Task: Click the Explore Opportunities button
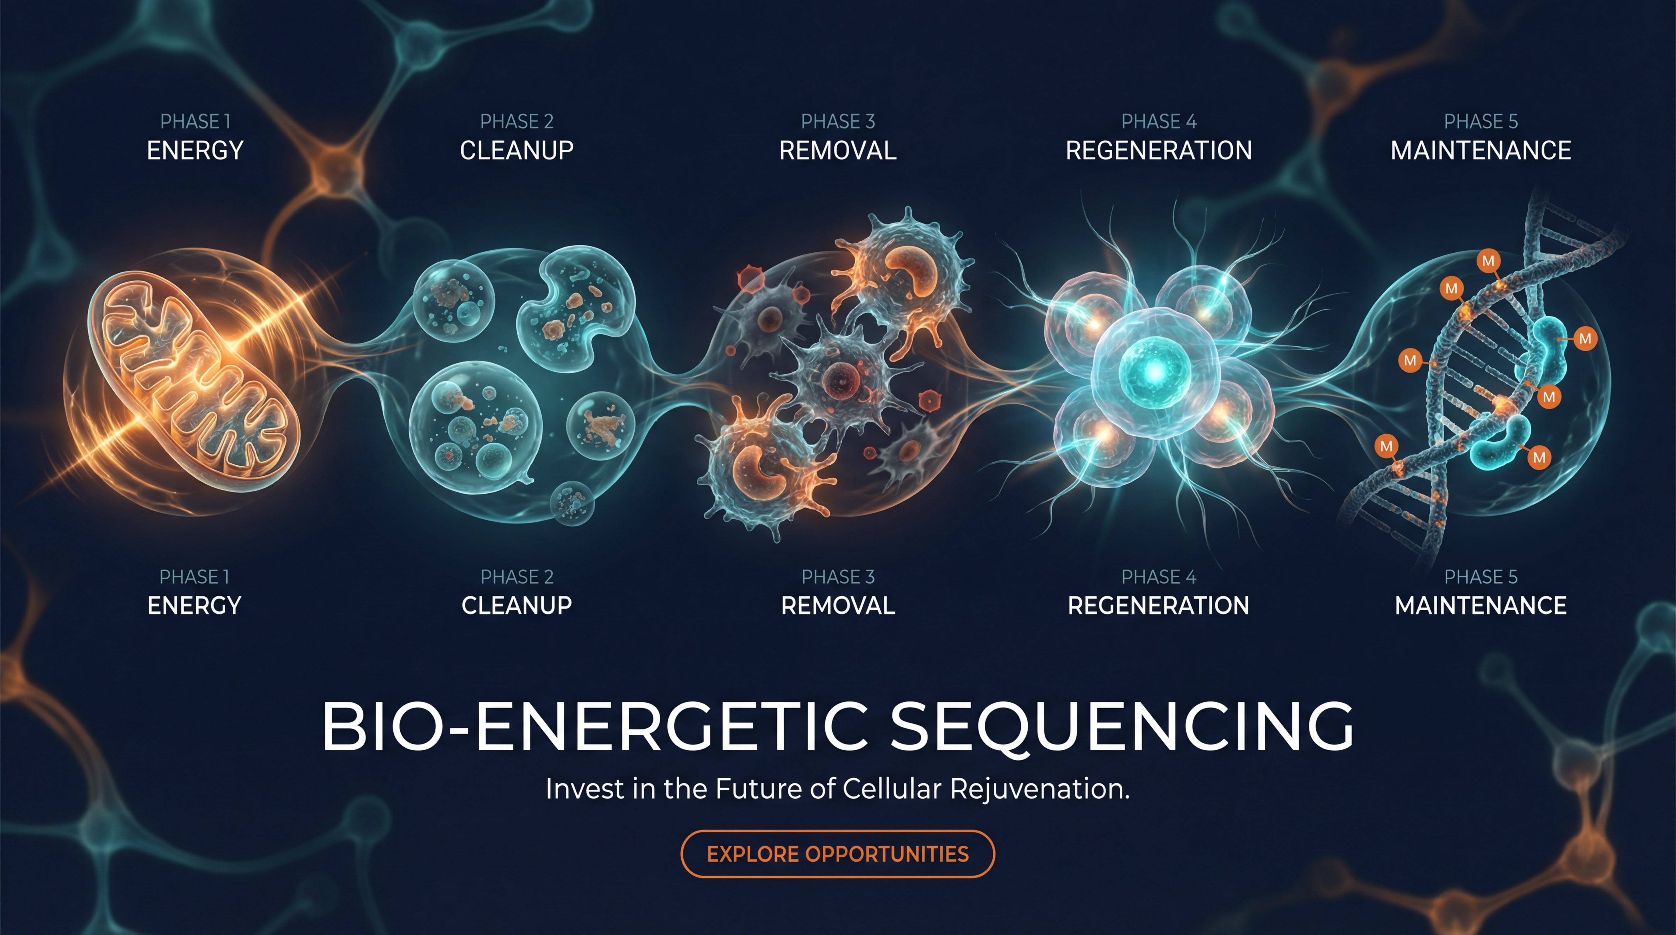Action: (x=837, y=854)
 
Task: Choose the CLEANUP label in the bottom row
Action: (x=516, y=606)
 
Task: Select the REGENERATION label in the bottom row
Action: (x=1158, y=606)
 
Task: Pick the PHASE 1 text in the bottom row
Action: (x=195, y=577)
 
